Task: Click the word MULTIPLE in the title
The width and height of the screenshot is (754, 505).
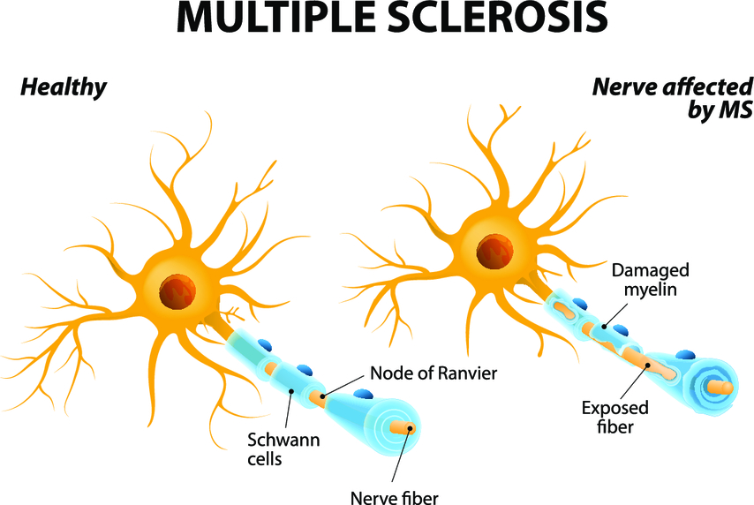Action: click(268, 19)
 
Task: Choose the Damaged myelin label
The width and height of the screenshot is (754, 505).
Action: click(651, 279)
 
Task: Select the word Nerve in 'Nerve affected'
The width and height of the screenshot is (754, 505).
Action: click(619, 87)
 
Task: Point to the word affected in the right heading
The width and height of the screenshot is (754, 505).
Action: click(702, 87)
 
